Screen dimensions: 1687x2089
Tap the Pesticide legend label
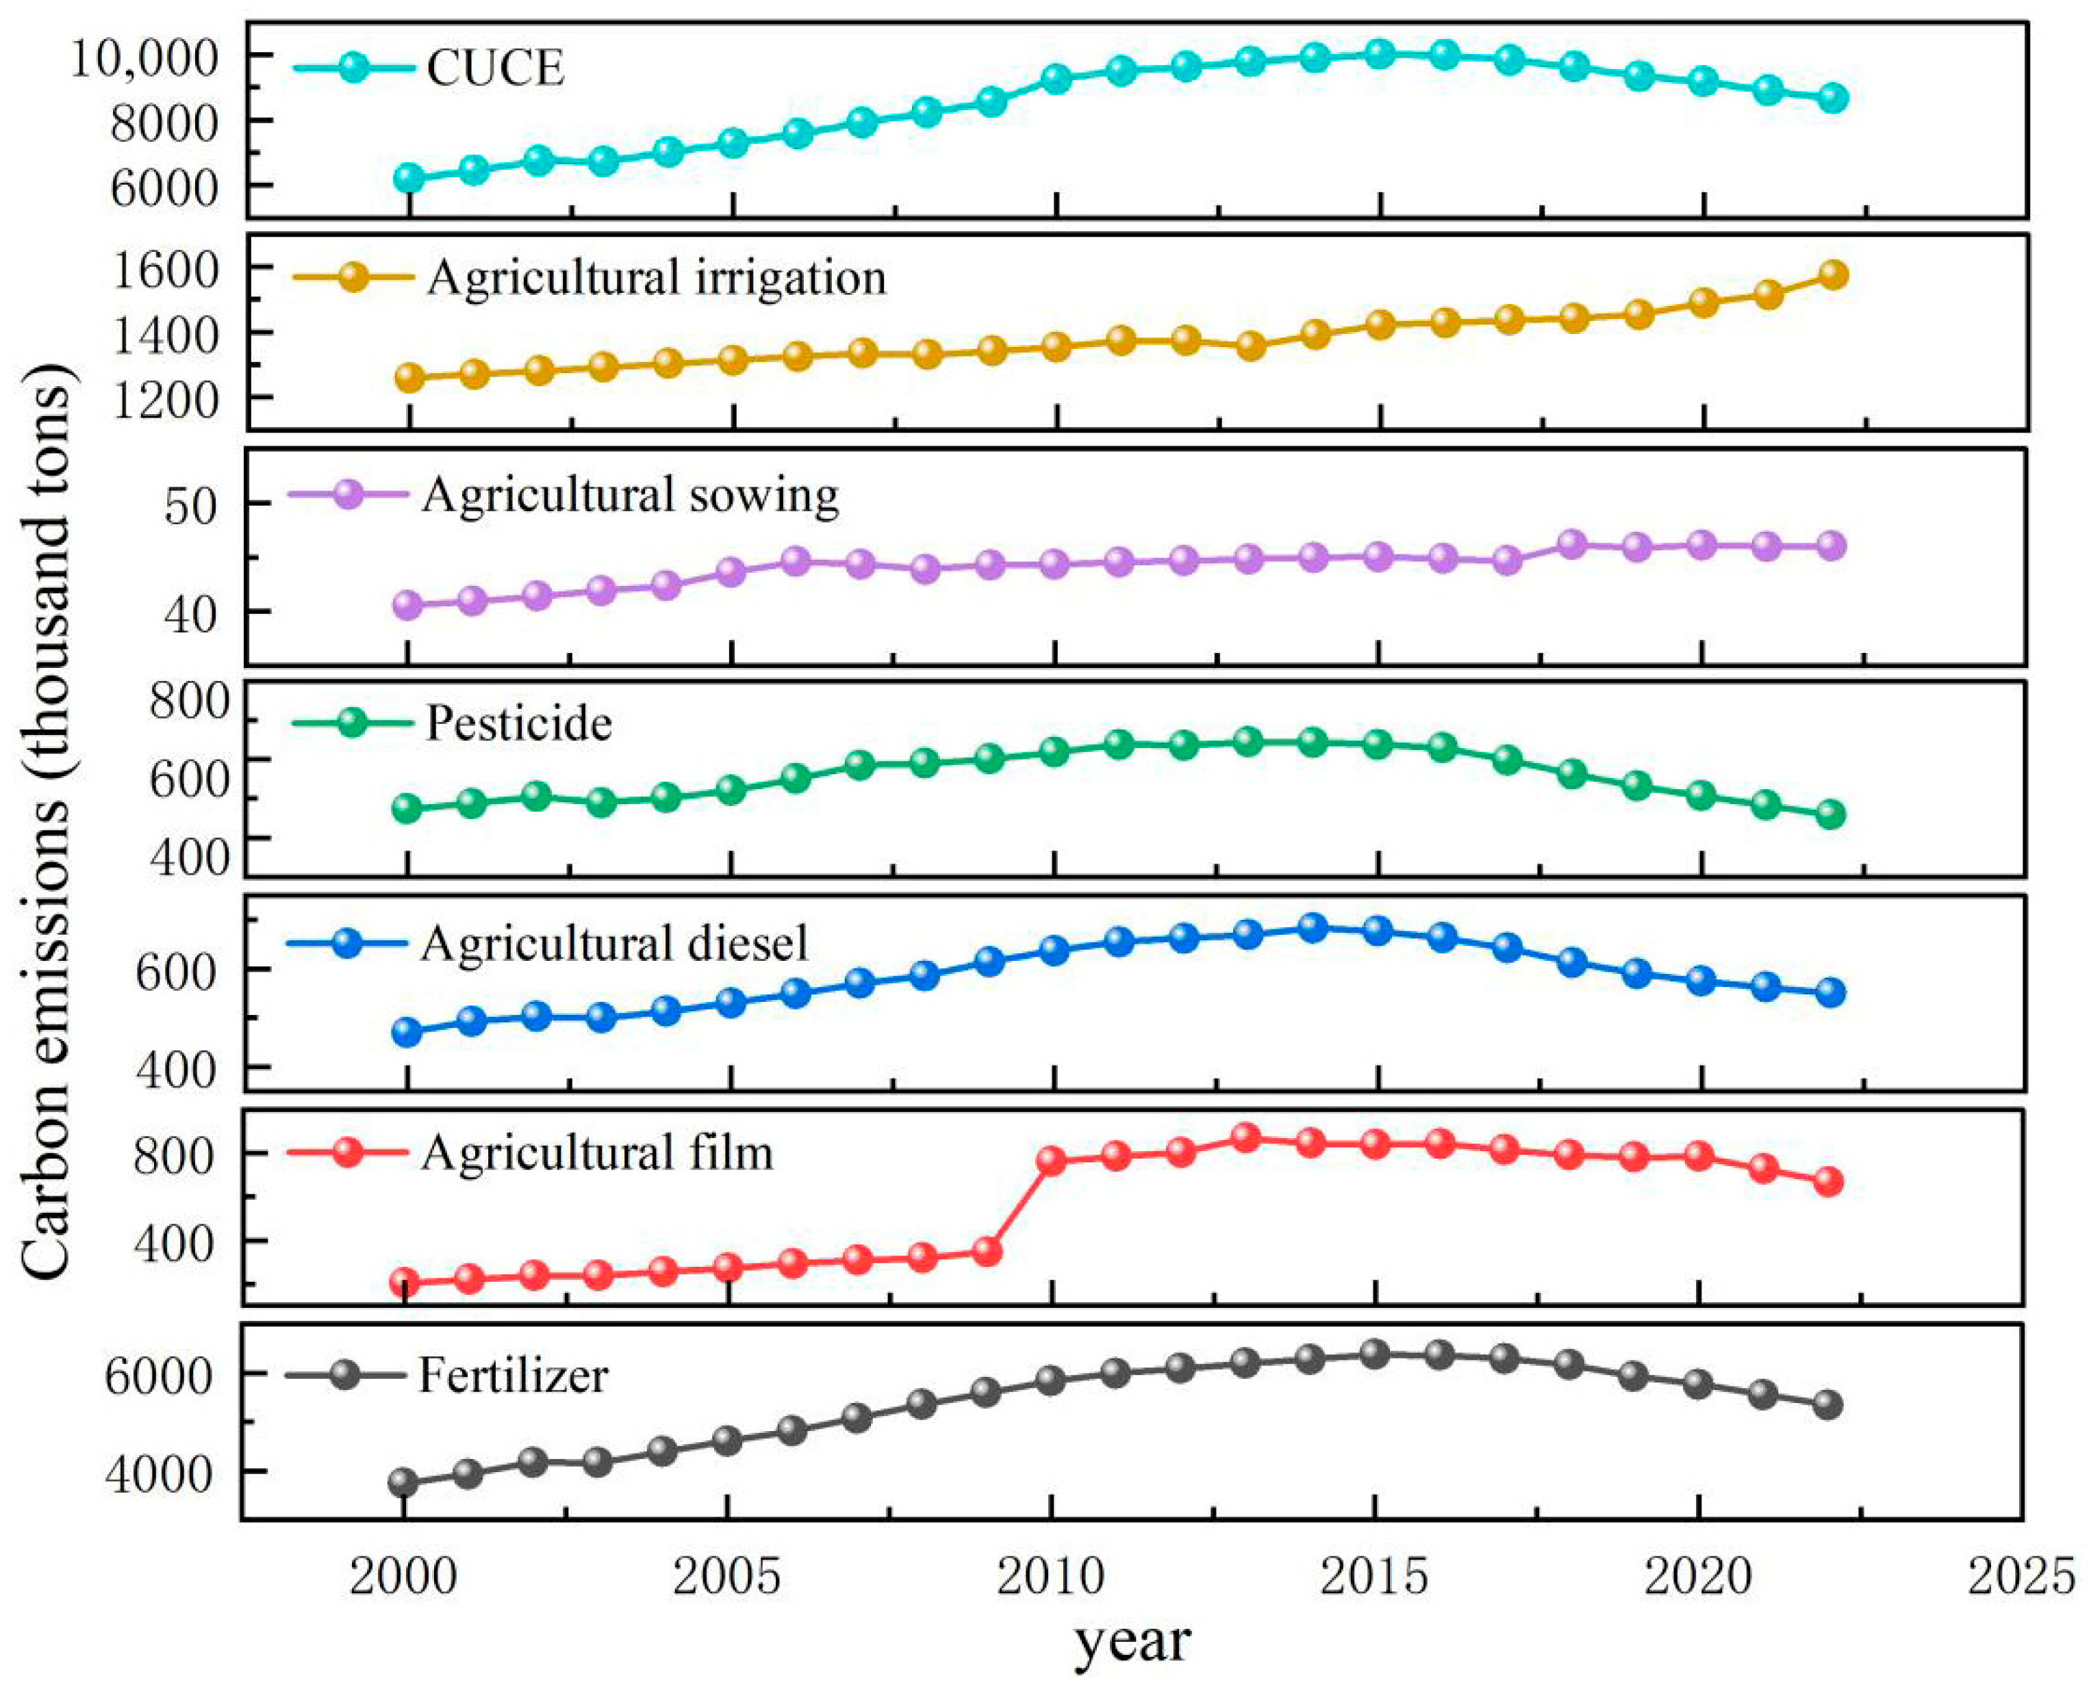coord(518,724)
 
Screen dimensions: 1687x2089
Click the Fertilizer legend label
coord(514,1375)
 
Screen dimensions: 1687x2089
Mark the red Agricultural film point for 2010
coord(1052,1160)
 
